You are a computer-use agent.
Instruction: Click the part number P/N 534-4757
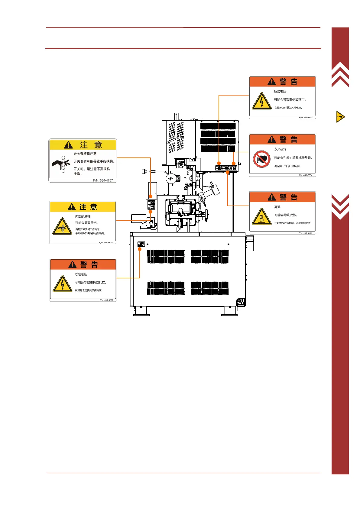coord(103,180)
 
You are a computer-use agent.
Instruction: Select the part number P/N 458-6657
coord(106,242)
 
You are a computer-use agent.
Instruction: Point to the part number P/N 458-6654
coord(305,175)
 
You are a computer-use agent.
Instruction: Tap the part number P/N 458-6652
coord(305,233)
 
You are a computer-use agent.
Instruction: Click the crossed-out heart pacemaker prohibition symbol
coord(261,159)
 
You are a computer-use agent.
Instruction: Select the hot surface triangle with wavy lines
coord(261,217)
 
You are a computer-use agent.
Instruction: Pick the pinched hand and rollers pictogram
coord(61,164)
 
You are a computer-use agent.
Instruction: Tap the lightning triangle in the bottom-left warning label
coord(62,284)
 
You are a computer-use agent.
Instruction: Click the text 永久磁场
coord(280,149)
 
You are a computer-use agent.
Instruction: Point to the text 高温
coord(277,207)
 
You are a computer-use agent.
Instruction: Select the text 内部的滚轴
coord(83,216)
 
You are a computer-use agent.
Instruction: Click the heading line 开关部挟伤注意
coord(85,154)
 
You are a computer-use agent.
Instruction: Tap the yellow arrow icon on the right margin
coord(340,117)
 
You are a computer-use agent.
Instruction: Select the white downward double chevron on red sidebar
coord(340,206)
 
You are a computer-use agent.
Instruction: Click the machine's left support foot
coord(141,311)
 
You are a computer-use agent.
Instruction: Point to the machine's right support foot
coord(229,311)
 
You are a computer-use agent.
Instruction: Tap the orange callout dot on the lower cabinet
coord(140,249)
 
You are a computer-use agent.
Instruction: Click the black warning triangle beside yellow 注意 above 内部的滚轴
coord(72,207)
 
